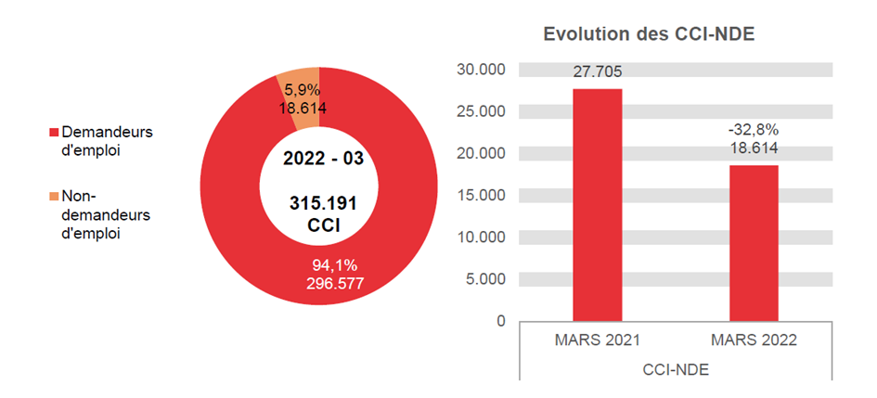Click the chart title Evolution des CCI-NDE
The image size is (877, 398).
(649, 35)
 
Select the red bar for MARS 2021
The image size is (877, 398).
(597, 204)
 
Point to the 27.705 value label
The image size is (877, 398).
(597, 72)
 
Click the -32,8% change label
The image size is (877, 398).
(753, 129)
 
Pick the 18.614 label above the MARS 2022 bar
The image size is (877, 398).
(753, 148)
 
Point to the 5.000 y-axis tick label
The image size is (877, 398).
(484, 279)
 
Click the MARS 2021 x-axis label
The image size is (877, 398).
(597, 340)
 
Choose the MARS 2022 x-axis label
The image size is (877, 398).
(753, 340)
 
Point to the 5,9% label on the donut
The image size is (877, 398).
(303, 91)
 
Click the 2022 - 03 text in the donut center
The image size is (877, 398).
(323, 158)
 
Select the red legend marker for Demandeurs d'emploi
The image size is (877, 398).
(55, 132)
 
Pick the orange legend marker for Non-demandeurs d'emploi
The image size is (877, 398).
(55, 197)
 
